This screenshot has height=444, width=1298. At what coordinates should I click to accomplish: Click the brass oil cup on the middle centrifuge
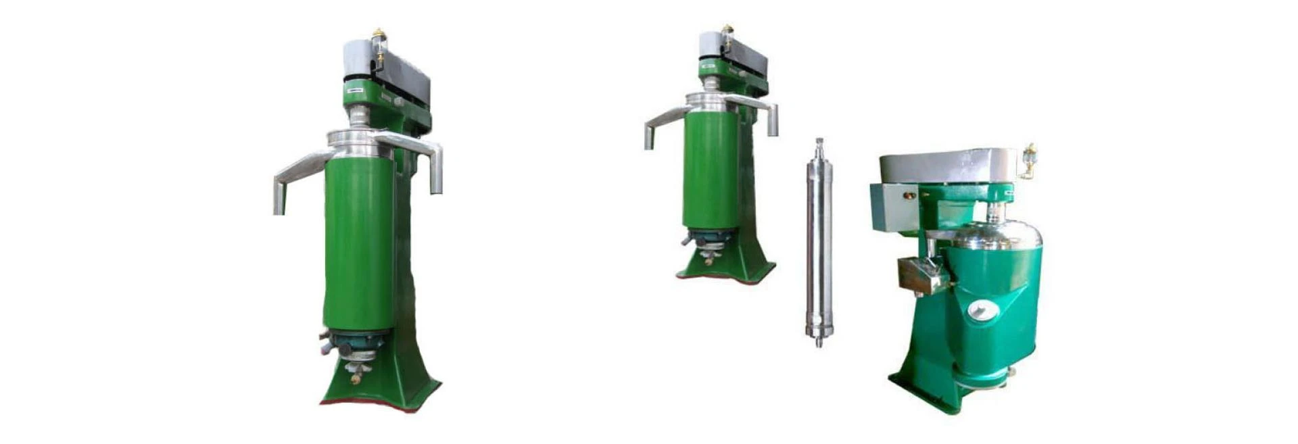(727, 32)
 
